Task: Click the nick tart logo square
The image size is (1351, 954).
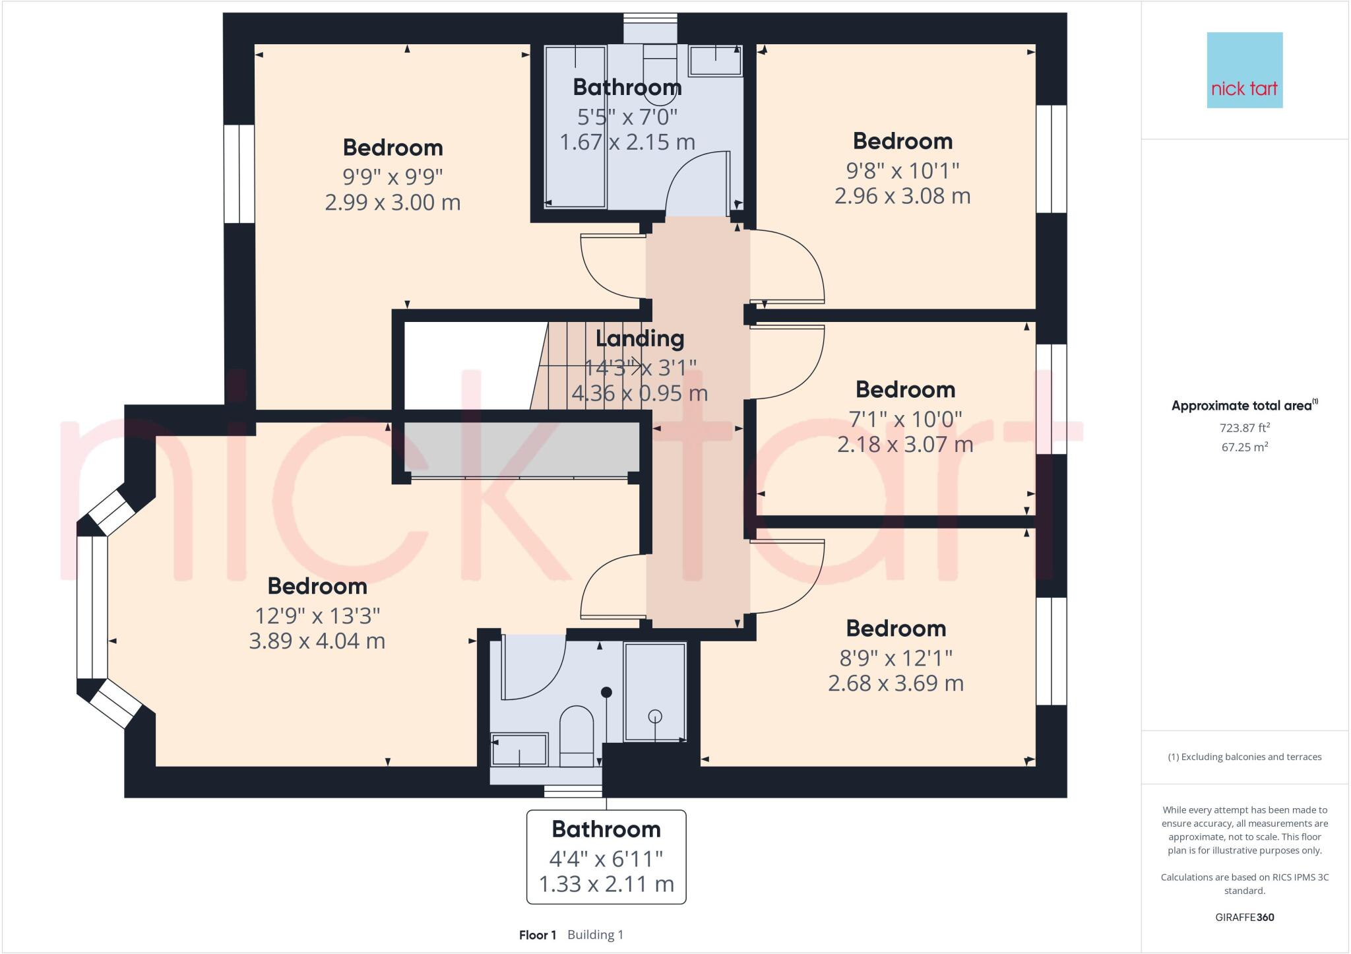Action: click(x=1244, y=70)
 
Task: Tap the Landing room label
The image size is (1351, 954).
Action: click(x=639, y=338)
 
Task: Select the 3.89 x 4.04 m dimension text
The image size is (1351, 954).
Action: click(x=317, y=641)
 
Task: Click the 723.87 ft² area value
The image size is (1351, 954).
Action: click(x=1244, y=428)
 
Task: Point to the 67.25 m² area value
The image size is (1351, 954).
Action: click(x=1244, y=447)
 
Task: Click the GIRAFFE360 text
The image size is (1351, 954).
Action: click(x=1244, y=917)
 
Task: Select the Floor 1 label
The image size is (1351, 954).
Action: click(x=537, y=935)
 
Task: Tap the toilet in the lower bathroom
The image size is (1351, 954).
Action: click(x=576, y=736)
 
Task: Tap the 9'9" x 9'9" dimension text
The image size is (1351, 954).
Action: click(x=393, y=177)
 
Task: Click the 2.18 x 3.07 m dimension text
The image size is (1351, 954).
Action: click(x=905, y=444)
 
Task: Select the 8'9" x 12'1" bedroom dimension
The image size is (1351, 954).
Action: click(x=896, y=658)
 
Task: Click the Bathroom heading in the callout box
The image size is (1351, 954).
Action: click(x=606, y=829)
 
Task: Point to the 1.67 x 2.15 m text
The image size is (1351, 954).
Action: click(x=627, y=142)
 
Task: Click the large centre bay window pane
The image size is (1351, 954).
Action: click(x=92, y=607)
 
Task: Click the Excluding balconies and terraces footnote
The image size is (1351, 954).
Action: click(x=1244, y=757)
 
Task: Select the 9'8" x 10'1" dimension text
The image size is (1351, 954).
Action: click(x=902, y=171)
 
